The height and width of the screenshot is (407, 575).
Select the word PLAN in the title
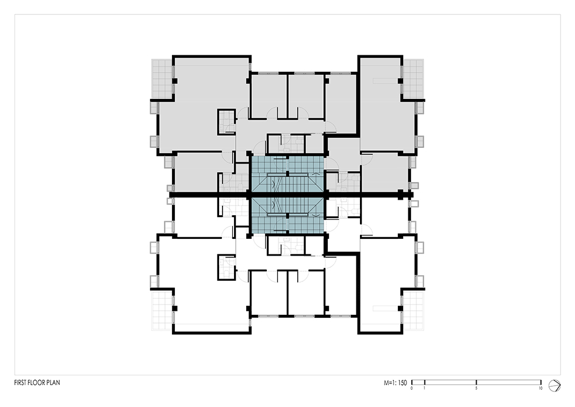[x=53, y=382]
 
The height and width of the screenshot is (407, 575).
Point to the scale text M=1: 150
[x=396, y=383]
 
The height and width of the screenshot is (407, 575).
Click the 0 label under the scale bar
[x=412, y=388]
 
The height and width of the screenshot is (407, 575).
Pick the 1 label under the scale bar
[x=424, y=388]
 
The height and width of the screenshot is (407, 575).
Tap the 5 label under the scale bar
[x=476, y=388]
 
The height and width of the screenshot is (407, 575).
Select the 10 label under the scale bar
[x=540, y=388]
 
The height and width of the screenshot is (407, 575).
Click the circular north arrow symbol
[x=554, y=385]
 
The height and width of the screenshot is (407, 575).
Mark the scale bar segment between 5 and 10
[x=509, y=382]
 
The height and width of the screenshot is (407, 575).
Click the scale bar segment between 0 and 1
[x=418, y=382]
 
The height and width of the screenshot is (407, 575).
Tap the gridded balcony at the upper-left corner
[x=162, y=78]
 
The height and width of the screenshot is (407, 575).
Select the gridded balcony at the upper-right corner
[x=413, y=78]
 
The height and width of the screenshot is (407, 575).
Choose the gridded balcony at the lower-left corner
[x=162, y=310]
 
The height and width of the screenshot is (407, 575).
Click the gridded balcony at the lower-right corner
[x=413, y=310]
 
